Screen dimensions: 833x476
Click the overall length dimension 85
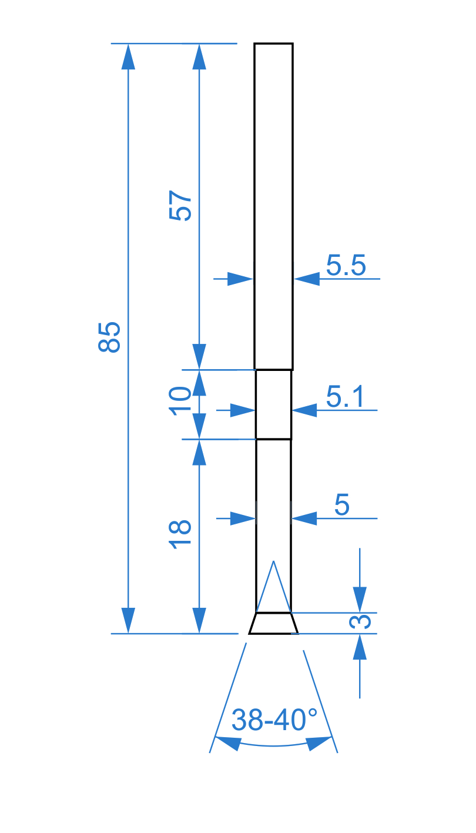pyautogui.click(x=109, y=337)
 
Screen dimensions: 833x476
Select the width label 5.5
pyautogui.click(x=346, y=266)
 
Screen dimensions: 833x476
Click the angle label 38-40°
pyautogui.click(x=274, y=720)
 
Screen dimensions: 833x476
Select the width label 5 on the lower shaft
pyautogui.click(x=342, y=505)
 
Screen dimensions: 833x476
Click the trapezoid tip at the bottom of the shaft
pyautogui.click(x=273, y=624)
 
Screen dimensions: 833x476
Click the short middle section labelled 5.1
pyautogui.click(x=273, y=404)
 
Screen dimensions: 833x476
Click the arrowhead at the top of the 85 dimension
pyautogui.click(x=128, y=56)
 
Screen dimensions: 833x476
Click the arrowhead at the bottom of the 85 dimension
pyautogui.click(x=128, y=621)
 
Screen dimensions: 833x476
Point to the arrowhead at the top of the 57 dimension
pyautogui.click(x=199, y=56)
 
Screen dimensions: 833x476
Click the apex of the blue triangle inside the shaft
pyautogui.click(x=273, y=561)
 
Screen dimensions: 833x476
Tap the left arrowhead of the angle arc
pyautogui.click(x=228, y=743)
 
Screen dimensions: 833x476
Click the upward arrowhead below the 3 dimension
pyautogui.click(x=360, y=647)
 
